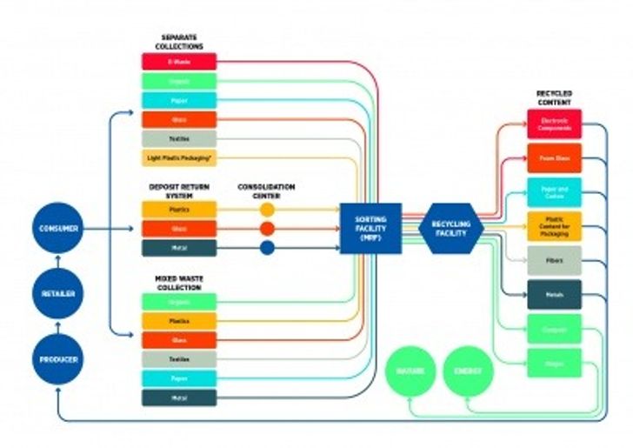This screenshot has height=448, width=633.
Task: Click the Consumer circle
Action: point(57,229)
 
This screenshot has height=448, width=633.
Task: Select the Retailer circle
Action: point(57,294)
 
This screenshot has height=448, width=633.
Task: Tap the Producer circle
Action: point(57,358)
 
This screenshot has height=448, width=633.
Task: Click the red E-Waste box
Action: point(178,62)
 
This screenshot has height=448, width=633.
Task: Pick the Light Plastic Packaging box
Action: point(178,157)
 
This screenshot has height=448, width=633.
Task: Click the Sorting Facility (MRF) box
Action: point(370,229)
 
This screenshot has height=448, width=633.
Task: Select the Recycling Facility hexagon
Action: point(450,229)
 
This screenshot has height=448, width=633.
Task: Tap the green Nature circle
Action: point(410,371)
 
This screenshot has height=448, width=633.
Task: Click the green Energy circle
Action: point(468,371)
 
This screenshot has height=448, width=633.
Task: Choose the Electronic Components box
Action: point(554,124)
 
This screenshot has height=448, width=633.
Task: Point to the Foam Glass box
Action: point(554,158)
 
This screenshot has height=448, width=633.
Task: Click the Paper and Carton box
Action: point(554,192)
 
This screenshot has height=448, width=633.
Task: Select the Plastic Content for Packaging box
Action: point(554,226)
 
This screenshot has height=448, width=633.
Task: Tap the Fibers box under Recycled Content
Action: point(554,260)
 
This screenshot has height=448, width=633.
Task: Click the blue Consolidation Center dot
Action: point(267,248)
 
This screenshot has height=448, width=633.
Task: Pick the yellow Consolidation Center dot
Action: point(267,210)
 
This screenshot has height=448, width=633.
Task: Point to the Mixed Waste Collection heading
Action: point(177,283)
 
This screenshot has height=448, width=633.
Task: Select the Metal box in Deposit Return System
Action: point(178,248)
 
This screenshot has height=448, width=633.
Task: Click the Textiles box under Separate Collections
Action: point(178,138)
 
